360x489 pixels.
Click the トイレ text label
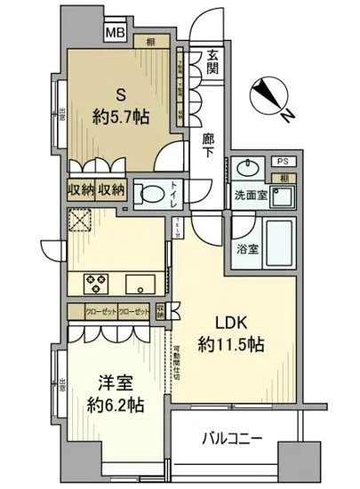tap(174, 202)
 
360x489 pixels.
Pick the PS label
tap(281, 161)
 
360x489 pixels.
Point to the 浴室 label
tap(247, 251)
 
